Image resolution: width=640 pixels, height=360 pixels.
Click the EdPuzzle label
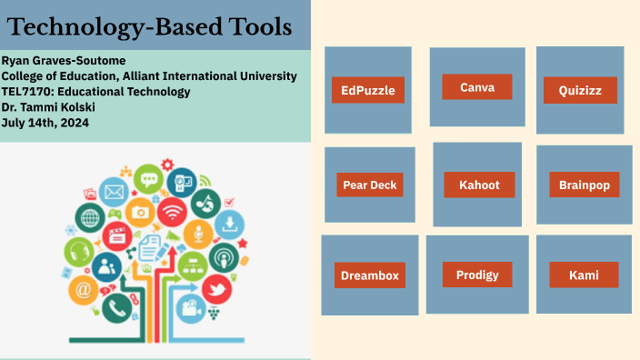pos(368,90)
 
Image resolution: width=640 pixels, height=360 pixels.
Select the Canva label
pos(477,87)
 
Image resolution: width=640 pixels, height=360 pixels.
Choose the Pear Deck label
pos(370,185)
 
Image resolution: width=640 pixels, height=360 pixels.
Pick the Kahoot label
pos(478,185)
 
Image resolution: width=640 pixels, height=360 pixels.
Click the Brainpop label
pos(585,185)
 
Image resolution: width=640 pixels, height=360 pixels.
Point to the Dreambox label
pos(369,275)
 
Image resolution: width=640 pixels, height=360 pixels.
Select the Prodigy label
pos(477,274)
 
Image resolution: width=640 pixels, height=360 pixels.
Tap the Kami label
pos(584,275)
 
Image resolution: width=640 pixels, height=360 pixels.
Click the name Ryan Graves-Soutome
pos(70,60)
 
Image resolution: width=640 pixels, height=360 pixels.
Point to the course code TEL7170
pos(30,91)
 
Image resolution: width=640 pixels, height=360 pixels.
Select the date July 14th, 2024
pos(45,123)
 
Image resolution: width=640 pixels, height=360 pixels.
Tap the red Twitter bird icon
pos(215,290)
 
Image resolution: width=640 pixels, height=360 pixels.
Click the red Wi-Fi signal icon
pos(171,213)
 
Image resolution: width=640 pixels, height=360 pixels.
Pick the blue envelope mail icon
pos(114,192)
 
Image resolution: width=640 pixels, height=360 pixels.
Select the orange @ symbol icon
pos(84,291)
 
